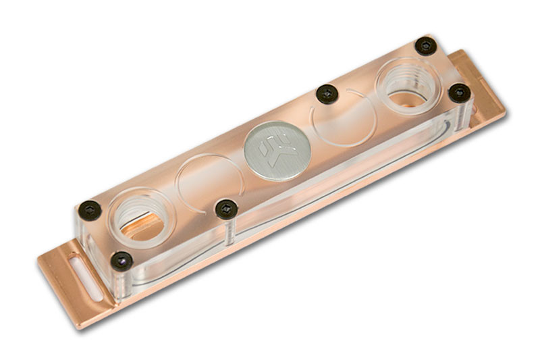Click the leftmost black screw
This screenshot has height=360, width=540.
[x=89, y=210]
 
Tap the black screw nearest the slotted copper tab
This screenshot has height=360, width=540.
[x=122, y=259]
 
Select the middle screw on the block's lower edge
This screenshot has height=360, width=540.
[x=227, y=209]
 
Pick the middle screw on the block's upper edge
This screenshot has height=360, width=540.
[x=327, y=93]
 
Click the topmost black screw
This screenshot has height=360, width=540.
[x=426, y=45]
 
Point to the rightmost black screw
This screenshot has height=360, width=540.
[x=459, y=93]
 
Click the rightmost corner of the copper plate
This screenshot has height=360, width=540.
[x=506, y=111]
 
